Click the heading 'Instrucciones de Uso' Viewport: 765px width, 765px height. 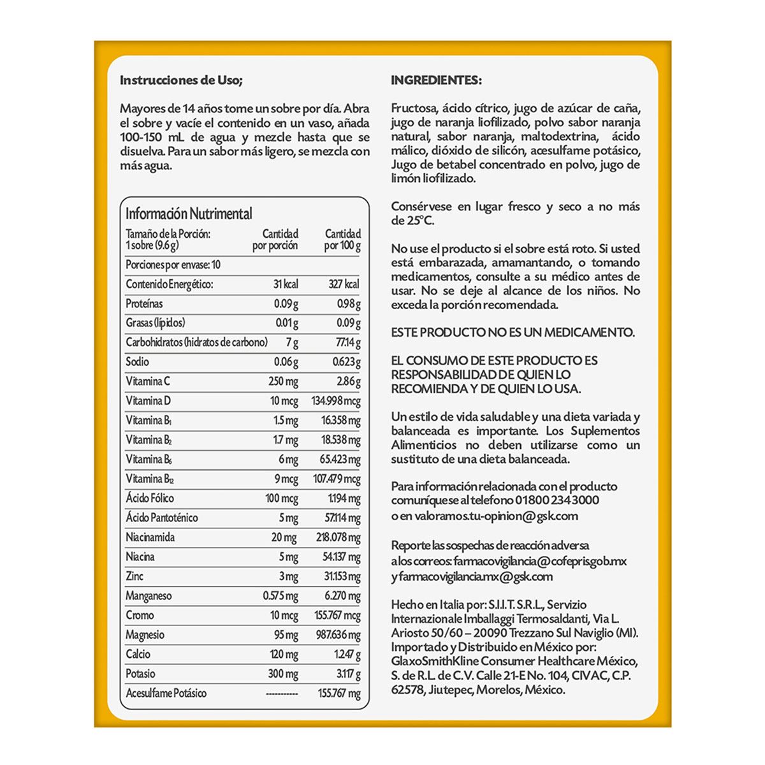click(x=181, y=80)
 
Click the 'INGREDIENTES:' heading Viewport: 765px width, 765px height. click(x=436, y=80)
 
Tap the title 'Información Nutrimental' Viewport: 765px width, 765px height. click(x=189, y=214)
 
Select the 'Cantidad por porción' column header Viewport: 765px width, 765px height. click(x=275, y=240)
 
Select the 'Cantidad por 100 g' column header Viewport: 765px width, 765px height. click(x=342, y=240)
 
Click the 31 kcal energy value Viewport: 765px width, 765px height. click(x=286, y=284)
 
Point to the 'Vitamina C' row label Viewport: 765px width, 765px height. click(x=148, y=381)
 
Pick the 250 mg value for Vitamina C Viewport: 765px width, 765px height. click(x=283, y=382)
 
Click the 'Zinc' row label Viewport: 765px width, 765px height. click(x=135, y=576)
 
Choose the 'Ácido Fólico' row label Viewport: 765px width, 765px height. click(x=150, y=499)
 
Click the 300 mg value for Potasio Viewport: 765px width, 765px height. click(x=283, y=674)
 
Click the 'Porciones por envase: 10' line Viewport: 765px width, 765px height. click(x=173, y=265)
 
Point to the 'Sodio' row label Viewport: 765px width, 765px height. click(x=137, y=362)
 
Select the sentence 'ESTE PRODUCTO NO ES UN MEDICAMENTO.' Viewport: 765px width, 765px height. click(x=513, y=332)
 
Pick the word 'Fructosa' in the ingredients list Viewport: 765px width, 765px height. click(x=414, y=108)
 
